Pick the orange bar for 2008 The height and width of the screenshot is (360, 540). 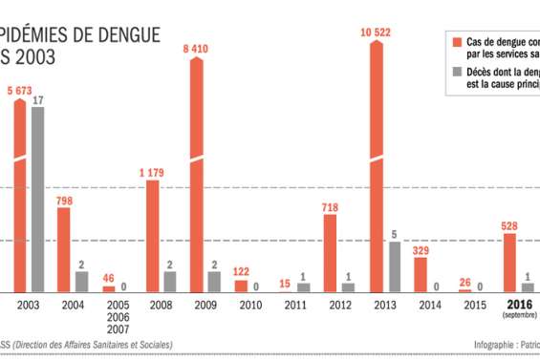coord(152,235)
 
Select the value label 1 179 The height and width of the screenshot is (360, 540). coord(153,172)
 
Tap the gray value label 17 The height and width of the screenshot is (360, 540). coord(37,99)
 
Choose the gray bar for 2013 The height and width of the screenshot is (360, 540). coord(394,266)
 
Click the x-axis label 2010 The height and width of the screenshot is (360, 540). coord(249,306)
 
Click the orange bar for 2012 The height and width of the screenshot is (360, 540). coord(331,253)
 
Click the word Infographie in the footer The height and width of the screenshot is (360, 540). coord(494,345)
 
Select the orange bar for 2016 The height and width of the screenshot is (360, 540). coord(509,262)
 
